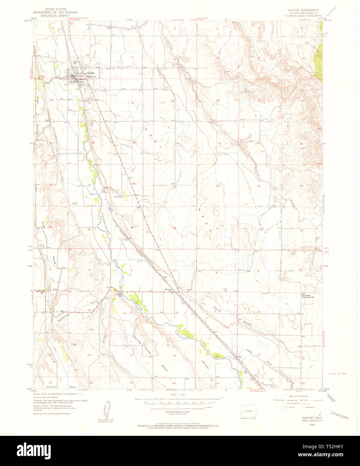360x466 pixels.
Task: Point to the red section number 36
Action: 174,228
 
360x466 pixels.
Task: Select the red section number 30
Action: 217,186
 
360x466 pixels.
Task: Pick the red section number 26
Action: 134,184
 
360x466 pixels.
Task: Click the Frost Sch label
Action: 117,197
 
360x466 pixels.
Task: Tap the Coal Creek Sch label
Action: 40,292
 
